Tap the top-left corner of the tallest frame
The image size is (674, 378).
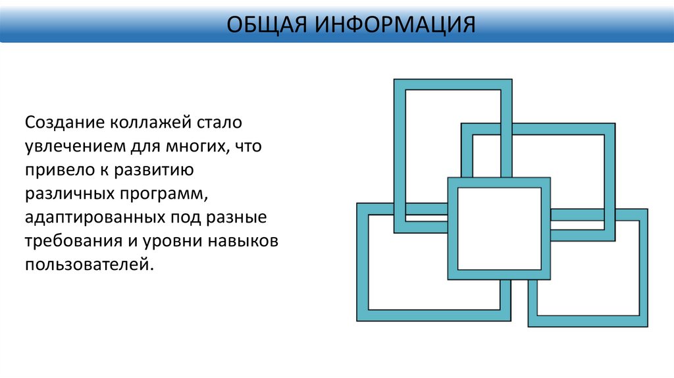[395, 80]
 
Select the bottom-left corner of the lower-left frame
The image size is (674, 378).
[358, 320]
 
